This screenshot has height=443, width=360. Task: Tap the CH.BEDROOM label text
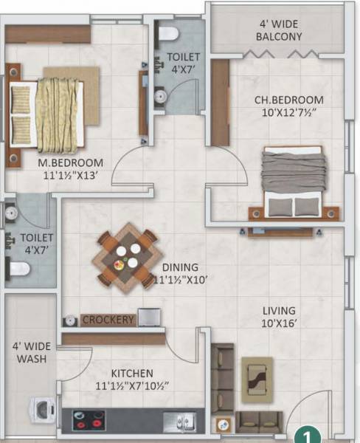point(277,100)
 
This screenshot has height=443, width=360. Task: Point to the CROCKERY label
point(108,320)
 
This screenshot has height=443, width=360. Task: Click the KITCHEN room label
point(132,373)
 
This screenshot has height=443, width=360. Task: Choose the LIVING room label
point(278,310)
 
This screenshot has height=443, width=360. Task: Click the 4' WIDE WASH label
point(30,351)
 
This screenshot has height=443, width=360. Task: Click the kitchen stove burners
point(89,419)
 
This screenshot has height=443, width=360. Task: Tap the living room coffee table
point(257,379)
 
